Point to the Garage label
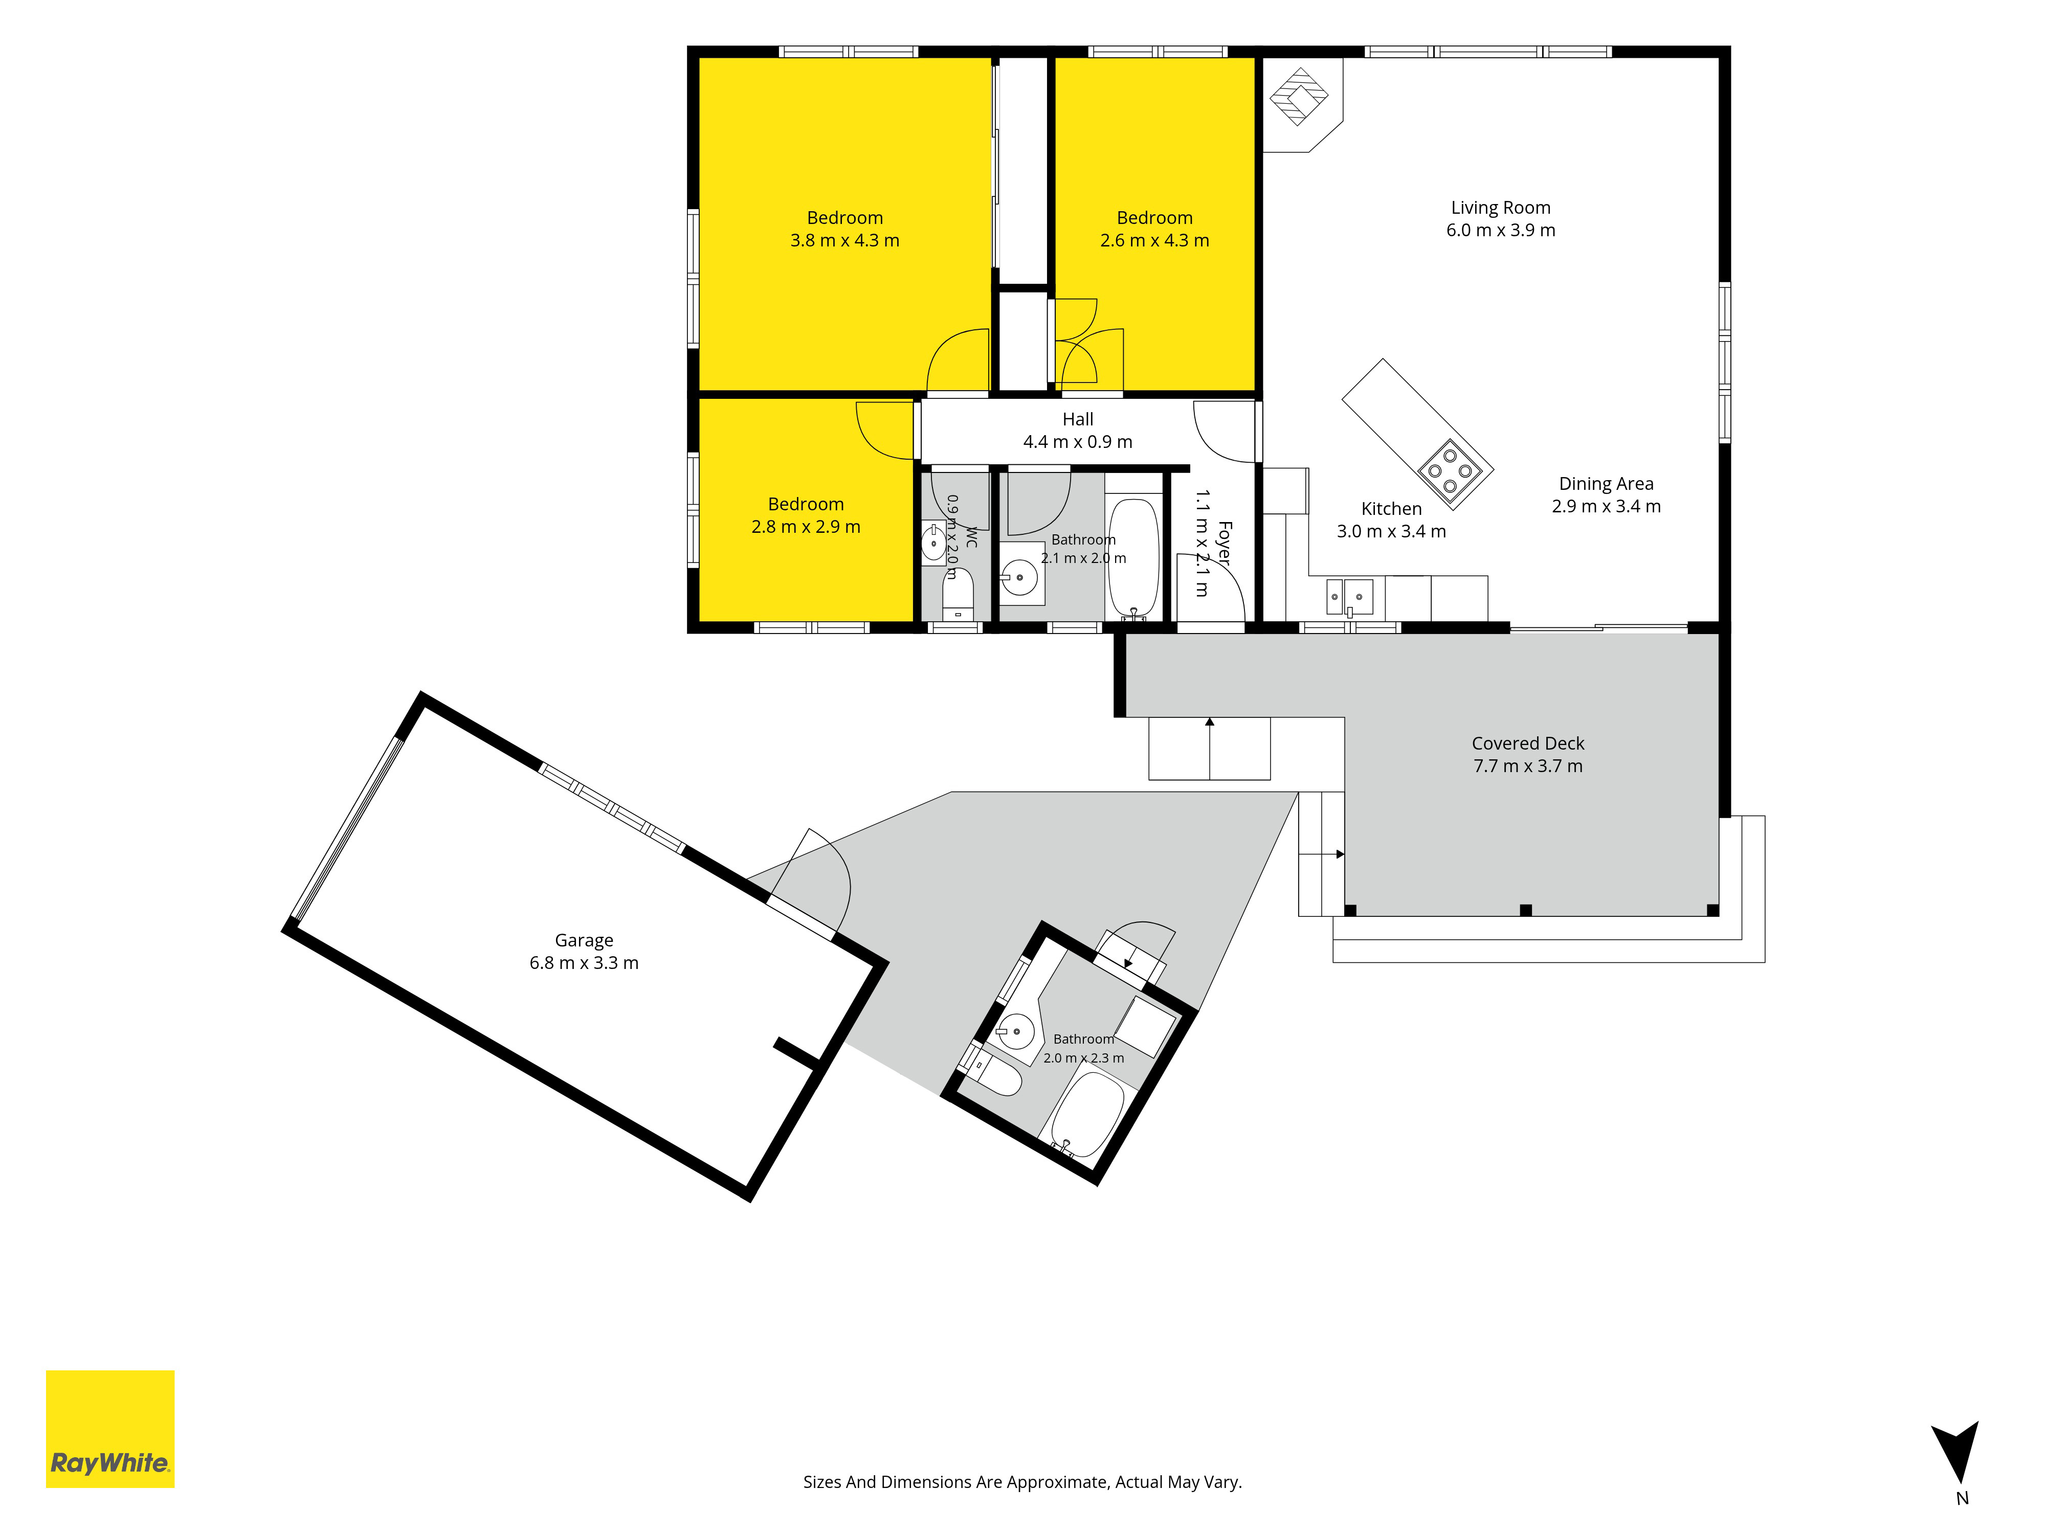[584, 940]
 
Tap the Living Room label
[1500, 208]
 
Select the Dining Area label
[1606, 484]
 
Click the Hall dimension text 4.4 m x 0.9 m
[1078, 442]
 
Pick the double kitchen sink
[1349, 596]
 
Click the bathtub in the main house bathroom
[1133, 557]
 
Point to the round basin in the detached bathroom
[1016, 1030]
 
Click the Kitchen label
[1391, 509]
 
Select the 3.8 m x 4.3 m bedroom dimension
[844, 240]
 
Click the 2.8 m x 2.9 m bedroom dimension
[806, 527]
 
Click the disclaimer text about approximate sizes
[1022, 1482]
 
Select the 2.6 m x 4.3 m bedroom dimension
[1154, 240]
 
